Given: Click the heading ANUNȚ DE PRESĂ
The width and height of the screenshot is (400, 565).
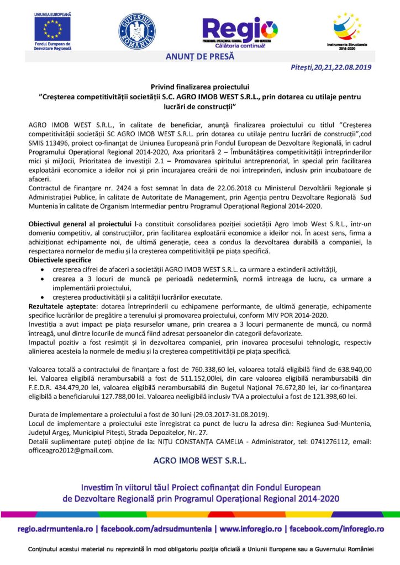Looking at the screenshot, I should [x=199, y=56].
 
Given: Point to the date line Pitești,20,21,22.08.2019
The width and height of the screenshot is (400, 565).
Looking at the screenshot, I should [x=330, y=67].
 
